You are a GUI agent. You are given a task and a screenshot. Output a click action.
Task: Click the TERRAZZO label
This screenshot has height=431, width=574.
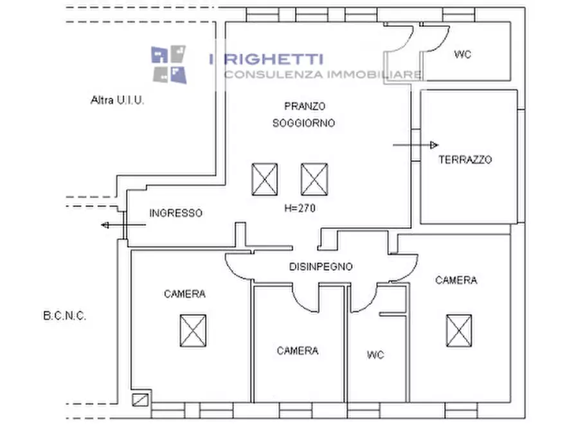[465, 160]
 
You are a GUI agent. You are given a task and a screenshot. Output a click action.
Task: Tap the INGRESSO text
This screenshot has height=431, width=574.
[175, 213]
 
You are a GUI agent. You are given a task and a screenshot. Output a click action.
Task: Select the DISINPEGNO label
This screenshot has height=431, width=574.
[320, 266]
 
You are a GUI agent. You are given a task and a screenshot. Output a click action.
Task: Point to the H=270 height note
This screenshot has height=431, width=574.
[299, 208]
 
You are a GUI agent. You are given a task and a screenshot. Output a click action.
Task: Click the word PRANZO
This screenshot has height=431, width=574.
[305, 105]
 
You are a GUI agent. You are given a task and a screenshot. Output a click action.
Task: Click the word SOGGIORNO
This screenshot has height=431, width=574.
[303, 123]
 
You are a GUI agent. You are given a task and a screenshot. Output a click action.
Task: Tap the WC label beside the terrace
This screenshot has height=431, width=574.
[462, 55]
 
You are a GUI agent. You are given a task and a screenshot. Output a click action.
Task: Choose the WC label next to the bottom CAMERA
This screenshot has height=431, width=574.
[375, 354]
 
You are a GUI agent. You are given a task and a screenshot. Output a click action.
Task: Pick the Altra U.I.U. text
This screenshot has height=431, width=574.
[117, 100]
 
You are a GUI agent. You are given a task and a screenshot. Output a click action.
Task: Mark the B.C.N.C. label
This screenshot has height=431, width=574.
[65, 316]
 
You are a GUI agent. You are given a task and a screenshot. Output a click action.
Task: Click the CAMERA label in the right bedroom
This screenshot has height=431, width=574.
[456, 280]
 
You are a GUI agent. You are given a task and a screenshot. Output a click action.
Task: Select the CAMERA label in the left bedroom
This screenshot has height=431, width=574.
[184, 294]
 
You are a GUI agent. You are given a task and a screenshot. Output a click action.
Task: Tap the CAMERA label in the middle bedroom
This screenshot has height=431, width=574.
[298, 351]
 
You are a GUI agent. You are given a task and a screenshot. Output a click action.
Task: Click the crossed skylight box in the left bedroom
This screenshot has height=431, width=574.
[193, 330]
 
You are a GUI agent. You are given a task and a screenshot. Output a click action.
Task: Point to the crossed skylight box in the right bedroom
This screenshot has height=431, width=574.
[459, 330]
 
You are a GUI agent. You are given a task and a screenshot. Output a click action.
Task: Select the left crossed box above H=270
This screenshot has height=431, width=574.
[264, 179]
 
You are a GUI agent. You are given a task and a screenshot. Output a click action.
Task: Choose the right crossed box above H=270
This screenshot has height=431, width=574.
[314, 179]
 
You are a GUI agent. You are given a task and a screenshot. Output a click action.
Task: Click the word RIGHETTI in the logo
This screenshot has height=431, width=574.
[274, 60]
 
